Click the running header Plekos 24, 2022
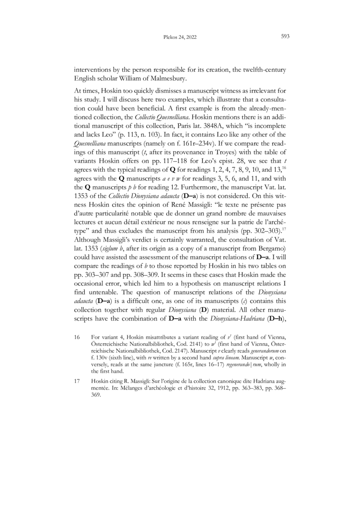coord(179,38)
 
